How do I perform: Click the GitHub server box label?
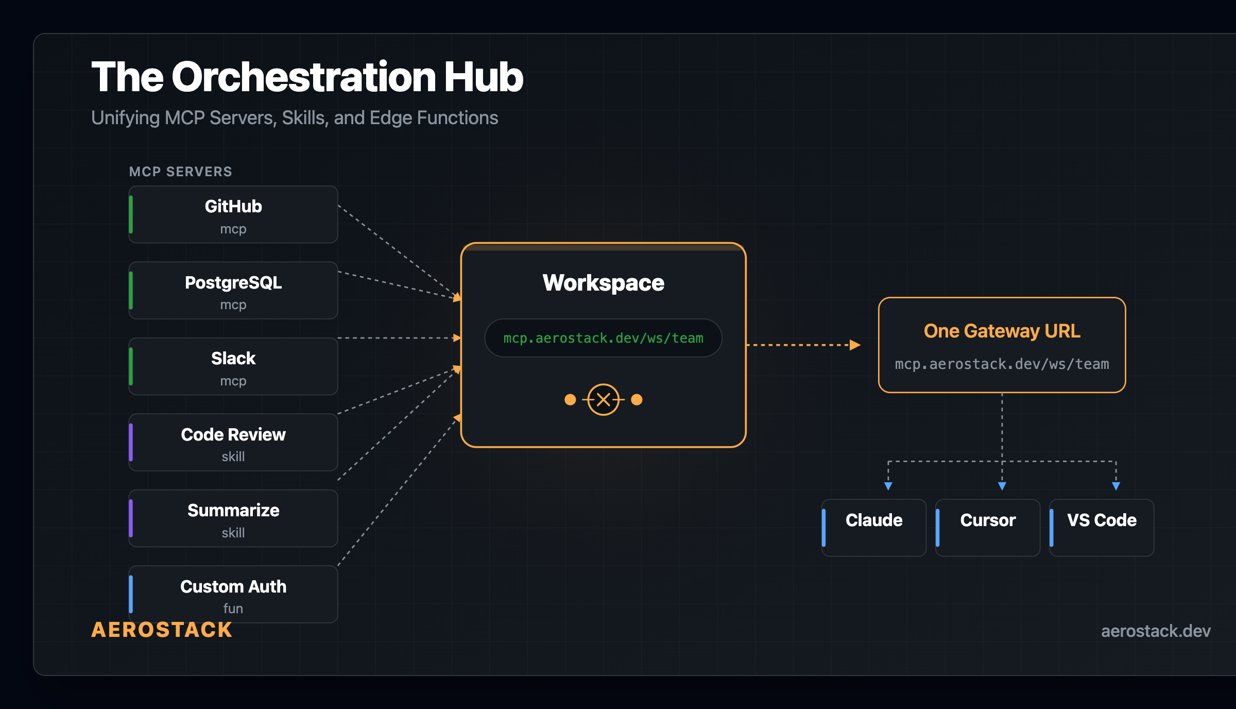[x=233, y=207]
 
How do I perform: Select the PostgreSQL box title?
[x=233, y=283]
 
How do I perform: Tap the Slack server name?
[x=233, y=359]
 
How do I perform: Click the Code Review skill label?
[x=233, y=435]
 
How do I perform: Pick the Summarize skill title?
[x=233, y=511]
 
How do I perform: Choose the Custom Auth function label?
[x=233, y=587]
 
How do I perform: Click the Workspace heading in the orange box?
[x=603, y=283]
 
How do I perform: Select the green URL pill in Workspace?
[x=603, y=338]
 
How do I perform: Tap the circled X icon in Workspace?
[x=603, y=399]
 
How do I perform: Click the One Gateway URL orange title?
[x=1002, y=331]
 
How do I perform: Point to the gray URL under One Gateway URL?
[x=1002, y=364]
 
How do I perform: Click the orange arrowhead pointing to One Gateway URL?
[x=855, y=345]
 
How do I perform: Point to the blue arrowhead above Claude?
[x=888, y=486]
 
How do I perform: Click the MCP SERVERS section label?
[x=180, y=172]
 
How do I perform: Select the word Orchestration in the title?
[x=304, y=77]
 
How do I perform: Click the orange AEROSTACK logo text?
[x=162, y=630]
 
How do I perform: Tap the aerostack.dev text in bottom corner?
[x=1155, y=631]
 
